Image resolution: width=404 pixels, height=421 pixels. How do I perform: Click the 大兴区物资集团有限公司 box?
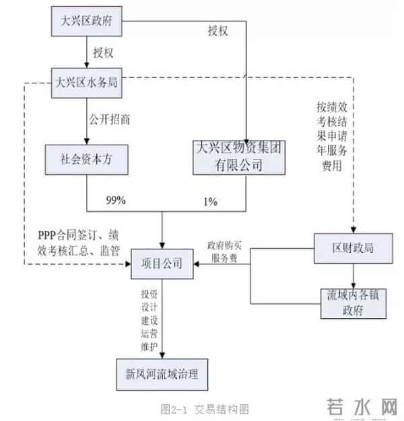point(244,159)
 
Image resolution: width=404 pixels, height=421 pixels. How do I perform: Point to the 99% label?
point(116,200)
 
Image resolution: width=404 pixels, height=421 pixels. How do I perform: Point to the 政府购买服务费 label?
point(224,252)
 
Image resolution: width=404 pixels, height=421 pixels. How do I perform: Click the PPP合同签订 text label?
point(79,243)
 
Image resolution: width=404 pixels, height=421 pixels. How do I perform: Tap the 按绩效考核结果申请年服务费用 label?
point(332,137)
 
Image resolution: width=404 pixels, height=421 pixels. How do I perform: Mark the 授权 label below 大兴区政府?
point(104,52)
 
